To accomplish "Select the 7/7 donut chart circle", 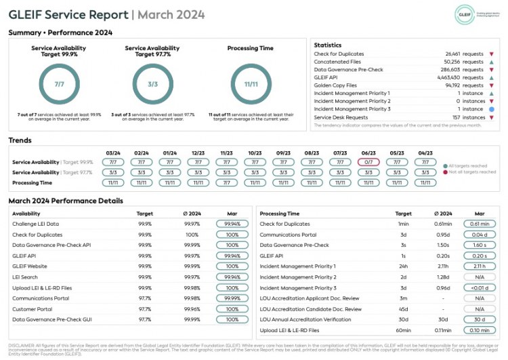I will pyautogui.click(x=60, y=84).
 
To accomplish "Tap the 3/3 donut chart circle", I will pyautogui.click(x=152, y=84).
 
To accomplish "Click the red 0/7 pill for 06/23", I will pyautogui.click(x=368, y=162).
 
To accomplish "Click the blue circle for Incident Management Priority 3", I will pyautogui.click(x=491, y=108).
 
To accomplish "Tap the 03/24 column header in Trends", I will pyautogui.click(x=114, y=153).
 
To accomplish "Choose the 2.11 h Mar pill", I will pyautogui.click(x=479, y=266).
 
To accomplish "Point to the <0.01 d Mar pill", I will pyautogui.click(x=479, y=287).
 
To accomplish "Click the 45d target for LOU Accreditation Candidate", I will pyautogui.click(x=403, y=308).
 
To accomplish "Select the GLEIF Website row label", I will pyautogui.click(x=30, y=266).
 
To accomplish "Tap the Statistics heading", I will pyautogui.click(x=329, y=45).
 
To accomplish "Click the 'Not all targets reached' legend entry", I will pyautogui.click(x=473, y=172).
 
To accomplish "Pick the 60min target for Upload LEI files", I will pyautogui.click(x=403, y=330).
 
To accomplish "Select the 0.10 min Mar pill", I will pyautogui.click(x=479, y=330).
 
